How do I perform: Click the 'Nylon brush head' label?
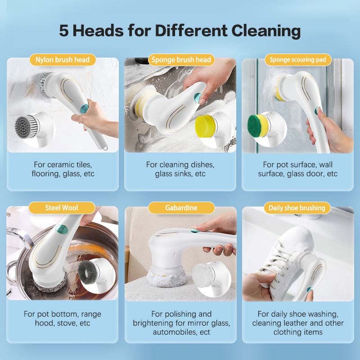[x=63, y=60]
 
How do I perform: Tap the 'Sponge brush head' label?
[x=181, y=60]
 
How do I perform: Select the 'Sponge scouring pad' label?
[x=298, y=60]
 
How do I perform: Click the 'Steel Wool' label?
[x=62, y=208]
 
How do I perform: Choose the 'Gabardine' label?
[x=181, y=208]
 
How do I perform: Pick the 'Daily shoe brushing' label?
[x=297, y=208]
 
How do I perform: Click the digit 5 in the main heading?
[x=63, y=31]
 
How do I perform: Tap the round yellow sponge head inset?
[x=205, y=126]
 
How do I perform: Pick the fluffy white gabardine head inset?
[x=203, y=276]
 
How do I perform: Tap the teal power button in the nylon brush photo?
[x=85, y=108]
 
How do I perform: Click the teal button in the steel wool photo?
[x=62, y=229]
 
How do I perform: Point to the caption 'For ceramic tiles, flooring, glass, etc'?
[x=63, y=169]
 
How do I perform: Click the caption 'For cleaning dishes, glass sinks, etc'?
[x=180, y=169]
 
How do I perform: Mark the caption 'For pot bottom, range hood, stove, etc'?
[x=63, y=319]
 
